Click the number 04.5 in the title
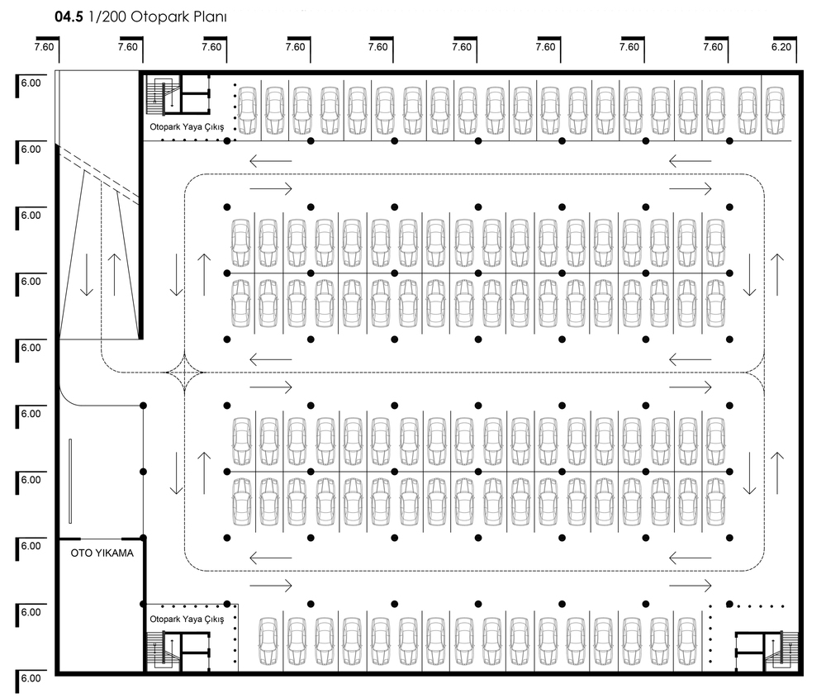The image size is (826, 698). tap(69, 17)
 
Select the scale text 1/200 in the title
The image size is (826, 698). tap(107, 17)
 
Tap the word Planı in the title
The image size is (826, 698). tap(210, 17)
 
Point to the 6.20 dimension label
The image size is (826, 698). tap(781, 47)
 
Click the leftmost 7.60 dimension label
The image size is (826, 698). tap(45, 47)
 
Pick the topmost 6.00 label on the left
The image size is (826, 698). tap(31, 83)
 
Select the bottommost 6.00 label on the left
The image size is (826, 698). tap(31, 678)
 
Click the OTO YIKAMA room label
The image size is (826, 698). tap(102, 553)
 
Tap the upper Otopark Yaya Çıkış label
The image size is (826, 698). tap(187, 127)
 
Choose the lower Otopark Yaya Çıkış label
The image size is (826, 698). tap(187, 619)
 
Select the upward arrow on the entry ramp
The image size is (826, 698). tap(114, 274)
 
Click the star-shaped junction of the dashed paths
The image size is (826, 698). tap(184, 373)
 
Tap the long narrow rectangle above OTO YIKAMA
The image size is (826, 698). tap(70, 481)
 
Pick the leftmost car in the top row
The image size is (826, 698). tap(248, 111)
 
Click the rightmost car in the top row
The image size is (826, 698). tap(775, 111)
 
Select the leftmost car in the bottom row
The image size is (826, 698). tap(268, 640)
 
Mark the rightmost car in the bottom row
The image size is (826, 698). tap(687, 640)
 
